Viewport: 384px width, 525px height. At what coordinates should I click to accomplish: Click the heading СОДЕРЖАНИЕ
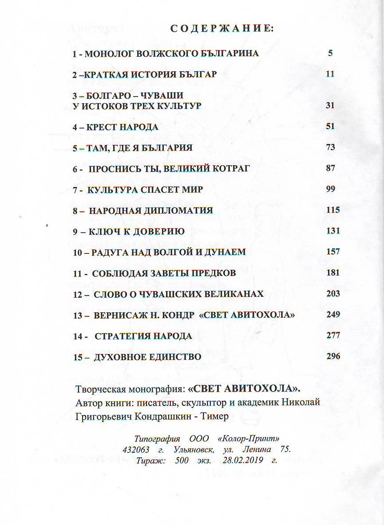point(222,29)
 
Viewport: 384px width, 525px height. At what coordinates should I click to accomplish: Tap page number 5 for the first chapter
point(330,53)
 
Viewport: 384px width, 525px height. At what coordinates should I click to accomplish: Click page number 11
point(329,74)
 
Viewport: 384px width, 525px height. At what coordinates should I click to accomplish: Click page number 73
point(330,147)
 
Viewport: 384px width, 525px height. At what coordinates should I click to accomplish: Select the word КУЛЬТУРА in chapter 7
point(112,190)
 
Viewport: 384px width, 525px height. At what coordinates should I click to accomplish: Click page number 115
point(333,210)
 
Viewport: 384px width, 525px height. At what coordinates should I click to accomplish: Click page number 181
point(333,272)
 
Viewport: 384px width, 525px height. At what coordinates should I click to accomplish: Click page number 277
point(333,335)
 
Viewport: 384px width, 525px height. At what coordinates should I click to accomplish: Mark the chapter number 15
point(78,357)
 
